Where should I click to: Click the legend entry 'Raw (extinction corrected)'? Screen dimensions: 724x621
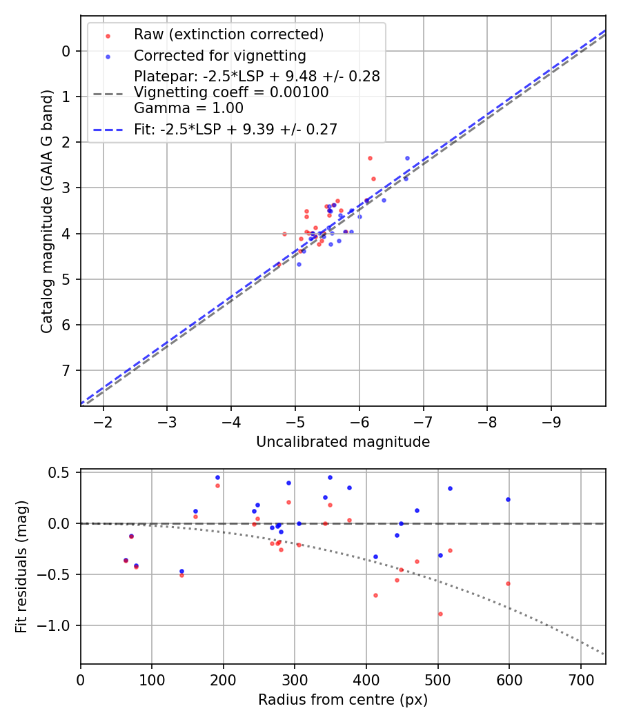pos(228,34)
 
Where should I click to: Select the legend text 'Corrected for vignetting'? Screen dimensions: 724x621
pos(219,55)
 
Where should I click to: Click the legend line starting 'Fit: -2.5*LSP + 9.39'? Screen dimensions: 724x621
pos(235,129)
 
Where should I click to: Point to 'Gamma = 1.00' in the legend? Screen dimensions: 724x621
pos(188,108)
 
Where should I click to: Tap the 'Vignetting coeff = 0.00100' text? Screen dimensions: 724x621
pos(231,92)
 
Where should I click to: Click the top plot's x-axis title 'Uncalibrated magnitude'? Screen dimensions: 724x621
pos(343,442)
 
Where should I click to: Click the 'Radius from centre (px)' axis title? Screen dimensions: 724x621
pos(343,700)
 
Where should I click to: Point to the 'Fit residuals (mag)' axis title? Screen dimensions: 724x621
pos(21,567)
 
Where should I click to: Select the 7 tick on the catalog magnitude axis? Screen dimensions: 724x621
pos(66,370)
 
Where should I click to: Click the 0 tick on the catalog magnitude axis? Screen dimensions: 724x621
pos(66,51)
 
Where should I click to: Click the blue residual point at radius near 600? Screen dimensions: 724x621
pos(508,499)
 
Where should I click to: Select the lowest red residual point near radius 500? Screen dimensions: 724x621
pos(440,614)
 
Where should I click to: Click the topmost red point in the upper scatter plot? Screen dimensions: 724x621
pos(370,158)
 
